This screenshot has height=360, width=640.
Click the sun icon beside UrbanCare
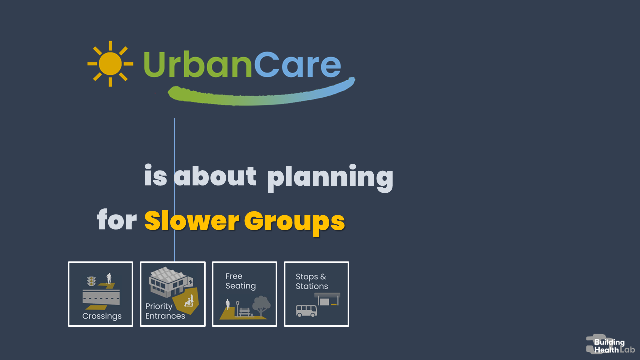(110, 64)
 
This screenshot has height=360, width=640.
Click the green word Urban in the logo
(198, 64)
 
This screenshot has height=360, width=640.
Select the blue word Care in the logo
(297, 64)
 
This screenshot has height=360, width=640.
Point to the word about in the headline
(215, 176)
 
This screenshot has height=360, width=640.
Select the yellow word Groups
(295, 223)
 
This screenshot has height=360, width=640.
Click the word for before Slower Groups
(117, 219)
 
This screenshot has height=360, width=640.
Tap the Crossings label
(102, 316)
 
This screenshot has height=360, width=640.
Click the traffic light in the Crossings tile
(91, 281)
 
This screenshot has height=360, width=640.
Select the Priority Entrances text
(165, 311)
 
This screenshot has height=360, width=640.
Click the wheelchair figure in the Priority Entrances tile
(189, 301)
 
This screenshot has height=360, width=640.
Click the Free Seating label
(241, 281)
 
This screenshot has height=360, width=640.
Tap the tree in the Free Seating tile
(261, 306)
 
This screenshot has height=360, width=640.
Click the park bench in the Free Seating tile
(244, 312)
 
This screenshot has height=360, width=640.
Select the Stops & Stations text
(312, 281)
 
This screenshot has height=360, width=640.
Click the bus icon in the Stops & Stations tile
(307, 311)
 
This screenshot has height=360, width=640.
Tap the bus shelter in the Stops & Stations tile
(327, 299)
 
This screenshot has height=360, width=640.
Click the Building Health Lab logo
(610, 344)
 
